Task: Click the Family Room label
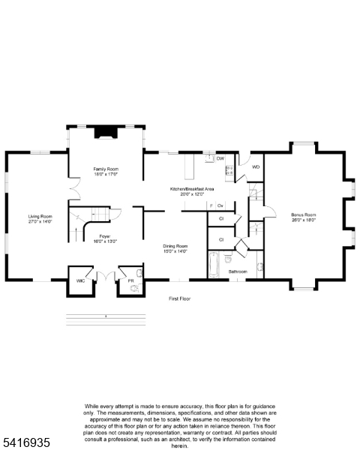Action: pos(106,169)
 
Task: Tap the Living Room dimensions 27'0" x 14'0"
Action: pos(40,222)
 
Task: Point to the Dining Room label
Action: pos(175,245)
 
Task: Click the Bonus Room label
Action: pos(304,215)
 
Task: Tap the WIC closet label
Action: pos(80,280)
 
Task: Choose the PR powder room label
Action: pos(130,280)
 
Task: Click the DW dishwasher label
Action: pos(220,159)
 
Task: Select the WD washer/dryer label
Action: pos(256,166)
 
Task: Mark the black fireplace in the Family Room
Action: pos(105,133)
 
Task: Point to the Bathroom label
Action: pos(238,271)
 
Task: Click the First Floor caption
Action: pos(179,298)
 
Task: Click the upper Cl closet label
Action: pos(221,218)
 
